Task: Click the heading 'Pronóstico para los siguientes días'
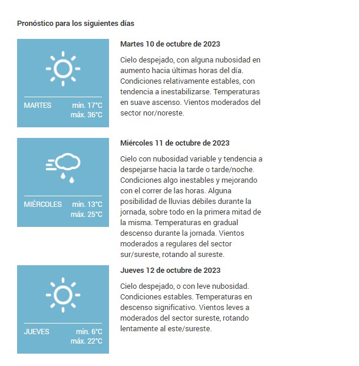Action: click(76, 24)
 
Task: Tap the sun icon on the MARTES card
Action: click(62, 68)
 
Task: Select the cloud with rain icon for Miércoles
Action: click(63, 167)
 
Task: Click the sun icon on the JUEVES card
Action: click(62, 294)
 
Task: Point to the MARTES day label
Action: click(38, 105)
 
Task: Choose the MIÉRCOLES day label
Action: click(42, 205)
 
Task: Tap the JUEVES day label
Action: click(37, 332)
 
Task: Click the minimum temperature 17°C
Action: click(87, 105)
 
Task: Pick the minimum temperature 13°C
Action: click(87, 205)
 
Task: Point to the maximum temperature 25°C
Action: click(87, 214)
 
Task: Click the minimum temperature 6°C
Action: click(89, 332)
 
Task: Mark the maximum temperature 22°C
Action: click(87, 341)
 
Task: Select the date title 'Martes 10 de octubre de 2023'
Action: click(170, 44)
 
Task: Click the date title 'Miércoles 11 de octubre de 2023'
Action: click(175, 143)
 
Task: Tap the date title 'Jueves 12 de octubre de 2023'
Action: click(170, 271)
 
